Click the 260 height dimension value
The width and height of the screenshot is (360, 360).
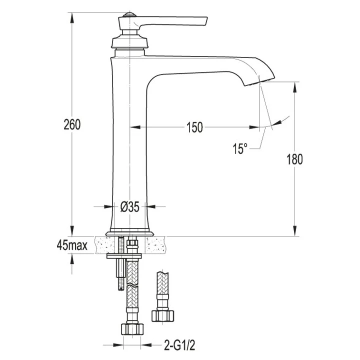click(x=72, y=124)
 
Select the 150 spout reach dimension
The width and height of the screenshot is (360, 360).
click(x=194, y=127)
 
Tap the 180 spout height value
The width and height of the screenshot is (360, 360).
click(x=294, y=159)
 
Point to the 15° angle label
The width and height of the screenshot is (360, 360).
click(x=240, y=148)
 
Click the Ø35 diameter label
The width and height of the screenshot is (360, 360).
click(x=130, y=207)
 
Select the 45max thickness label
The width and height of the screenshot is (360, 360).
click(x=72, y=245)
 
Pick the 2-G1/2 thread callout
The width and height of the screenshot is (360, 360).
click(x=179, y=345)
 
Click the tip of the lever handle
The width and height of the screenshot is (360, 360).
click(x=206, y=21)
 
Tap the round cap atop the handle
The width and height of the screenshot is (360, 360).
click(x=129, y=15)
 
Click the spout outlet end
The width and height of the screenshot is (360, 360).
click(x=259, y=82)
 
